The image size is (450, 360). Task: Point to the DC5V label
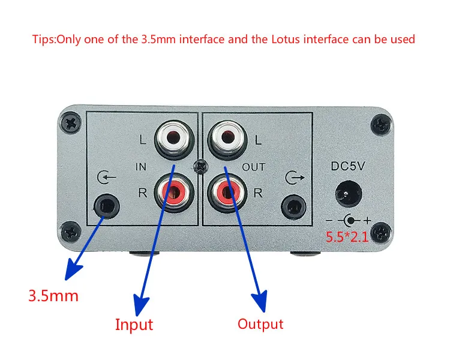(x=349, y=165)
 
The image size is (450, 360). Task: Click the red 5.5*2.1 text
(x=347, y=235)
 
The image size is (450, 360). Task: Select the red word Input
(x=134, y=325)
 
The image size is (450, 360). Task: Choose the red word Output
(x=260, y=324)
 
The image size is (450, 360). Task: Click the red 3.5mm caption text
(x=53, y=296)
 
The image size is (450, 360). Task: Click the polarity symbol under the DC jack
(x=348, y=220)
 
